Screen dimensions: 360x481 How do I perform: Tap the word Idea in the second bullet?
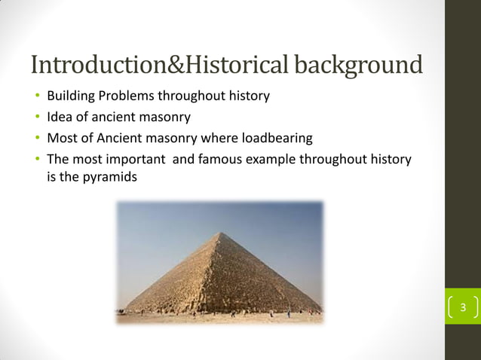59,117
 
